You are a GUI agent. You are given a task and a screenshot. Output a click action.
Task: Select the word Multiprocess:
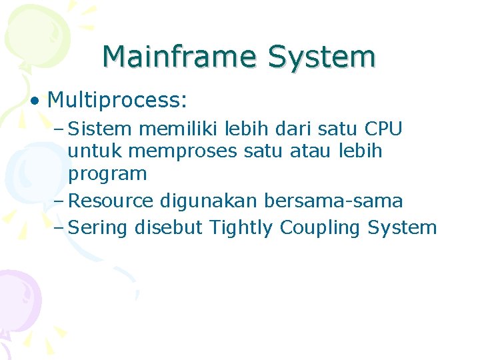tap(117, 101)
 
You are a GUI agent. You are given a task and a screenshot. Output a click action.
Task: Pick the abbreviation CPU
tap(383, 127)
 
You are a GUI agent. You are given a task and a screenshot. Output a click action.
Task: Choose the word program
tap(107, 175)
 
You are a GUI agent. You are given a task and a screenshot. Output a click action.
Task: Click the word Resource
tap(110, 200)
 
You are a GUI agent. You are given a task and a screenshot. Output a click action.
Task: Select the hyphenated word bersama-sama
tap(334, 200)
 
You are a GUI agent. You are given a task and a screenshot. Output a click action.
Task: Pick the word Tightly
tap(241, 228)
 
